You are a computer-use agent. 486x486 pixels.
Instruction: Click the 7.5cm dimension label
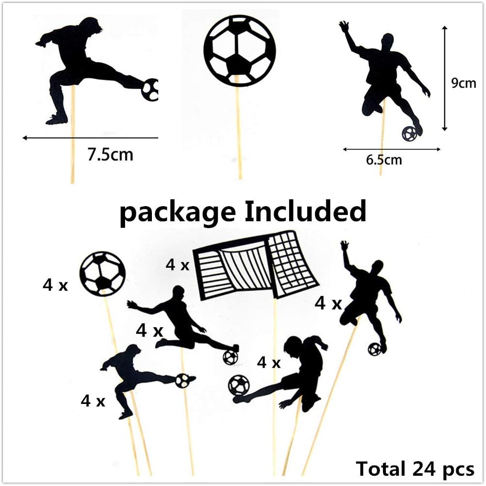click(x=110, y=155)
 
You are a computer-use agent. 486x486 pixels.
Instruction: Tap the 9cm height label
click(x=463, y=83)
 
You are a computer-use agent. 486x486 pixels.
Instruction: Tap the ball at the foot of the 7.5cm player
click(x=150, y=89)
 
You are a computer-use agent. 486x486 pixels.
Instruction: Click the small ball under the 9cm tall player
click(x=410, y=133)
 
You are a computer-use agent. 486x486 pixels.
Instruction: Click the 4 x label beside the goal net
click(x=177, y=265)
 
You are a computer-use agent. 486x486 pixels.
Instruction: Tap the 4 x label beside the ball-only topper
click(x=55, y=286)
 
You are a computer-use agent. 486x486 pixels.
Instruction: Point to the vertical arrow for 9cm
click(x=444, y=78)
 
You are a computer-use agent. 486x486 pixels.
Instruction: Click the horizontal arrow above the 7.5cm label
click(x=90, y=138)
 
